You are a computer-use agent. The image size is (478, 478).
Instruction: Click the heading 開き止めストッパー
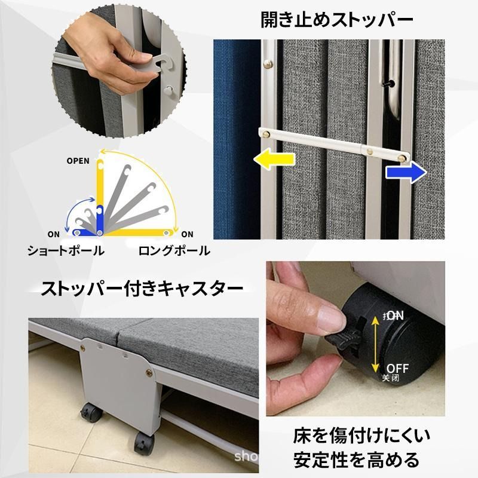click(337, 20)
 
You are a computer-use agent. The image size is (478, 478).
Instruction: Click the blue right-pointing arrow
click(405, 173)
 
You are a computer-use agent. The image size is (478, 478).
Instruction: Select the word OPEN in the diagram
click(78, 161)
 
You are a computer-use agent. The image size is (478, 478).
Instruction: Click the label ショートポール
click(65, 251)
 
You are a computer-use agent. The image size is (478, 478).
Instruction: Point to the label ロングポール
click(174, 251)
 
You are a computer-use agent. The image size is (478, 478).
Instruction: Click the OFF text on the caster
click(397, 366)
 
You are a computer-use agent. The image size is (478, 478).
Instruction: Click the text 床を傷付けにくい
click(362, 434)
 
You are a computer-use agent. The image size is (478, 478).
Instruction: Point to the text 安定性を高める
click(357, 461)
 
